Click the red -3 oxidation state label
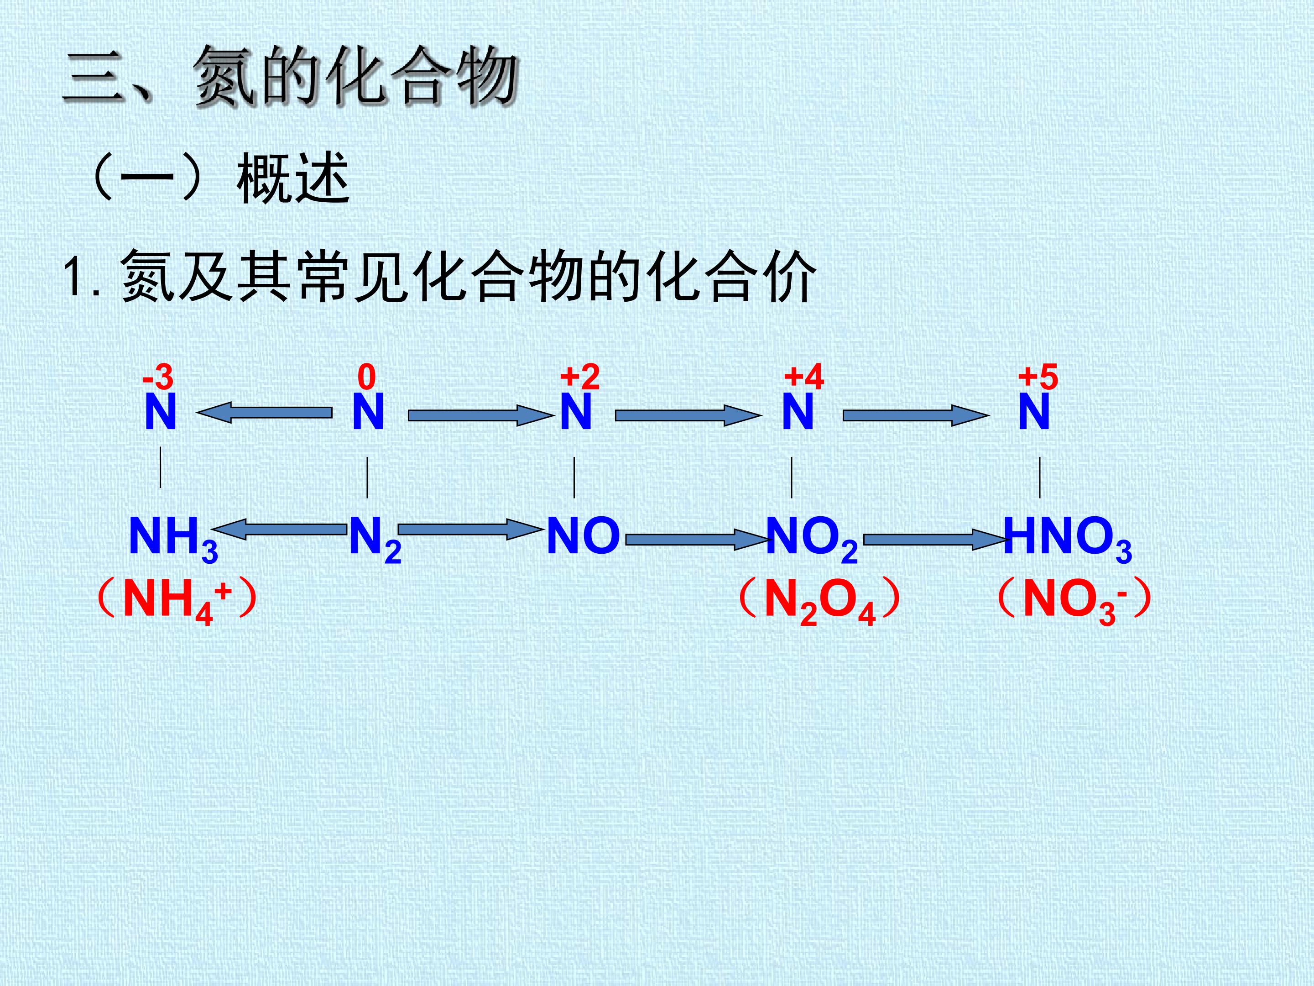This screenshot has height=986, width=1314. click(158, 377)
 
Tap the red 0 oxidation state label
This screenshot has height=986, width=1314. click(367, 377)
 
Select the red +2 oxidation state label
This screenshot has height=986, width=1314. click(580, 377)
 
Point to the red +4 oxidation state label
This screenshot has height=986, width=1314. click(804, 377)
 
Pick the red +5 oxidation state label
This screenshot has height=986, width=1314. click(1038, 377)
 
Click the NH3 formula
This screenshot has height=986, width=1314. click(173, 540)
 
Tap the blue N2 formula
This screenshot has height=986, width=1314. click(375, 540)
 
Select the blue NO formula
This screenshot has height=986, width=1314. click(584, 536)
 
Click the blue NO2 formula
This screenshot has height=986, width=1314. click(812, 540)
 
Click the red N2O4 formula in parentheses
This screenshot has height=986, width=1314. click(820, 602)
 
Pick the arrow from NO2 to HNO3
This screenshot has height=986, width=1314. click(935, 540)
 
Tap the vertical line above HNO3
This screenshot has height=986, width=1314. click(1039, 477)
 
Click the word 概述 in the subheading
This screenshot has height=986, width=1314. click(293, 178)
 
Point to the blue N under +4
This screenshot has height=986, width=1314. click(797, 412)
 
